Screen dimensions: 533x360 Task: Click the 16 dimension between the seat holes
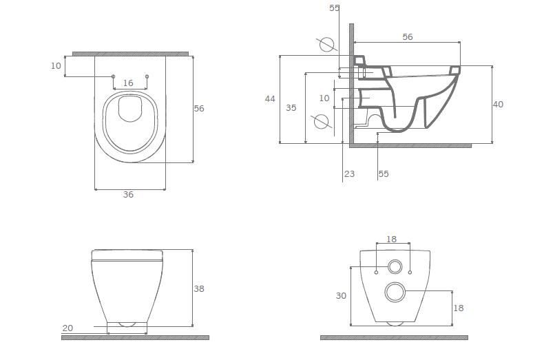[128, 83]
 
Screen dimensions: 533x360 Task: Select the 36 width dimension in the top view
[128, 194]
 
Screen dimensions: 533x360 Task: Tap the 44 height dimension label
[270, 99]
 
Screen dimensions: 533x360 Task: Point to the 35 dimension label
[291, 107]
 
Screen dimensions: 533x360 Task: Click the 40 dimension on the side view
[498, 104]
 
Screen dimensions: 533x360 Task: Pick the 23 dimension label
[349, 174]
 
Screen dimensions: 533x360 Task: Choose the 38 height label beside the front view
[199, 288]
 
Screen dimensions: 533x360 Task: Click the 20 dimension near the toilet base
[67, 328]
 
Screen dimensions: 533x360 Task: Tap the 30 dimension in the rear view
[341, 296]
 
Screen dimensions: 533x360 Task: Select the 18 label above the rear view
[392, 240]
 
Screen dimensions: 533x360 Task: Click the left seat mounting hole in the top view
[113, 76]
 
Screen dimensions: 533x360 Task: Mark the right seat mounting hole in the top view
[147, 76]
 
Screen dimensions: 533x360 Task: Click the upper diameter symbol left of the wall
[327, 45]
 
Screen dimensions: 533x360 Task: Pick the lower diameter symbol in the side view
[321, 122]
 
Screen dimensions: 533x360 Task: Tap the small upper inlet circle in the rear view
[395, 266]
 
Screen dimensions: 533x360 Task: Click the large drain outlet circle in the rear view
[395, 292]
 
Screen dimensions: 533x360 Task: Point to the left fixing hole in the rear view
[376, 273]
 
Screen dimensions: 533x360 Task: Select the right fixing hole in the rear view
[410, 273]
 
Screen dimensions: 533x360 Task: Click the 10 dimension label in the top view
[56, 65]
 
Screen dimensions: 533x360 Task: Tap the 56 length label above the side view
[408, 36]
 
